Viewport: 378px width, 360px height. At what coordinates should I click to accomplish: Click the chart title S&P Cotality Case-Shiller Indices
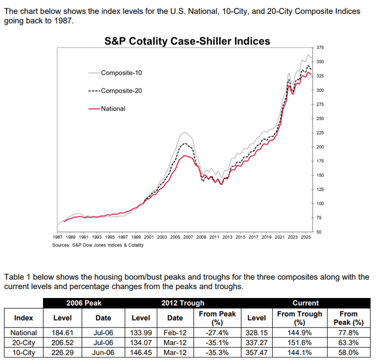click(x=187, y=41)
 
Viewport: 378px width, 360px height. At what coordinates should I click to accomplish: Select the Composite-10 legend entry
click(x=115, y=72)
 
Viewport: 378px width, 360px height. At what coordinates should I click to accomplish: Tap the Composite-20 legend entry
click(x=115, y=91)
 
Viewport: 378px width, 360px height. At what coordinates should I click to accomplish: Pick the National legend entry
click(x=107, y=108)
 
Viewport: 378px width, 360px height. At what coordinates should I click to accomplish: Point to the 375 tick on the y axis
click(x=320, y=47)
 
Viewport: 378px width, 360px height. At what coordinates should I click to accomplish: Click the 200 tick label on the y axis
click(x=320, y=147)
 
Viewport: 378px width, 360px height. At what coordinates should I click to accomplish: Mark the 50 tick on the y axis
click(x=319, y=232)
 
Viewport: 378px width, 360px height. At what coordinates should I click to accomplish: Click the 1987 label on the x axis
click(x=57, y=237)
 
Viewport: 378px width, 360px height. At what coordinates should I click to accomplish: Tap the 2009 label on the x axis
click(x=201, y=237)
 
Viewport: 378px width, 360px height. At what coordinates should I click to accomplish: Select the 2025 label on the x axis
click(x=306, y=237)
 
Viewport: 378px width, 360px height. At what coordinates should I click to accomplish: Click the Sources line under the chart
click(x=98, y=245)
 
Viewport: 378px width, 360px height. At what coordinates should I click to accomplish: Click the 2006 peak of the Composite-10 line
click(x=184, y=132)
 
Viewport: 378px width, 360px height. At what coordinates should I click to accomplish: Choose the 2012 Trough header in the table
click(x=183, y=303)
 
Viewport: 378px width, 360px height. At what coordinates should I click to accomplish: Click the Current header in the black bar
click(x=306, y=303)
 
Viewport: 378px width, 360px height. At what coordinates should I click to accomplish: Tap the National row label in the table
click(x=23, y=332)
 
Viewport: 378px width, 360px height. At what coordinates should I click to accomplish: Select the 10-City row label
click(x=23, y=352)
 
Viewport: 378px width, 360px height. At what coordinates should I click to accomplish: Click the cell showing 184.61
click(x=62, y=332)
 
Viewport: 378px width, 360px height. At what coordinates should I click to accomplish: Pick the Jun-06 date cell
click(x=103, y=352)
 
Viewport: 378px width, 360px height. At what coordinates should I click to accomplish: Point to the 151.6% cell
click(x=300, y=342)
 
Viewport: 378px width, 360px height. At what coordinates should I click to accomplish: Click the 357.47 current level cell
click(x=257, y=352)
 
